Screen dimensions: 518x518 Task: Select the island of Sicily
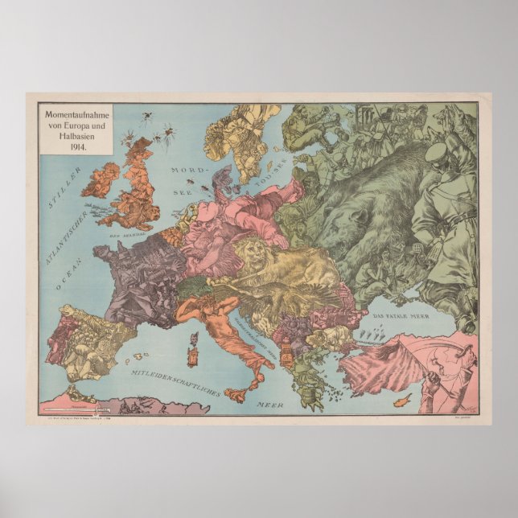[x=240, y=393]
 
